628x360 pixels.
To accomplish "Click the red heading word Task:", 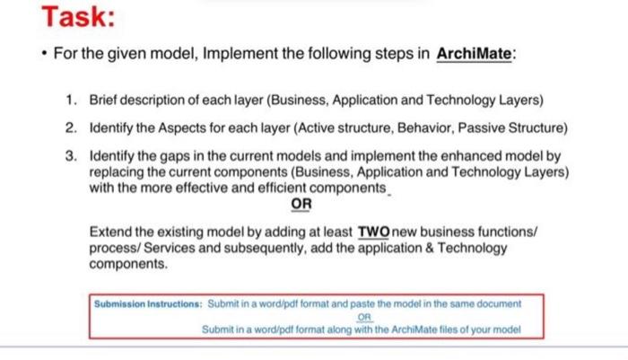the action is pos(78,17).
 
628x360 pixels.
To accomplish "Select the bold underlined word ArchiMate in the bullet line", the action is pos(474,54).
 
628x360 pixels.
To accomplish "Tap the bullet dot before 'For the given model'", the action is pos(45,53).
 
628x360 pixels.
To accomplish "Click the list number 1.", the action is pos(71,100).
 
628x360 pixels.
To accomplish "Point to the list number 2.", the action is pos(71,127).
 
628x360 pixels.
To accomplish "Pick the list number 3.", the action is pos(71,156).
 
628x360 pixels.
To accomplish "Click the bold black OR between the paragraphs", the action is pos(301,204).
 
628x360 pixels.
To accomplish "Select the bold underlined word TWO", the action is pos(374,233).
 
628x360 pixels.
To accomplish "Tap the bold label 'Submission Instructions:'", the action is pos(148,304).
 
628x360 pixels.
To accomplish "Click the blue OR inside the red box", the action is pos(364,317).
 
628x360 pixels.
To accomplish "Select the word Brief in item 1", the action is pos(102,100).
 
